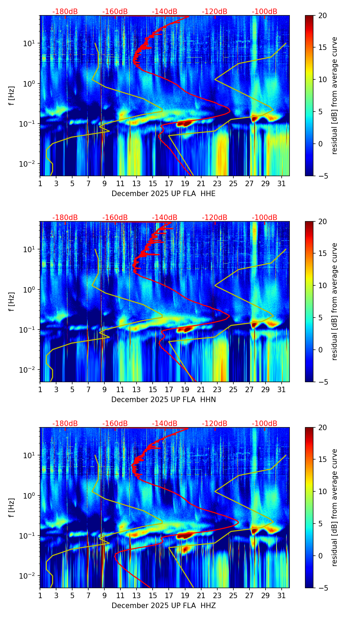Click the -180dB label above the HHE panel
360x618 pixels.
tap(65, 12)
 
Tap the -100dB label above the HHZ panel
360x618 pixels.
tap(265, 424)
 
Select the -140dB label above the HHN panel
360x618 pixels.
tap(165, 218)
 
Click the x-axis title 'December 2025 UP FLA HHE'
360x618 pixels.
tap(164, 194)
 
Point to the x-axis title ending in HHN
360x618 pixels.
tap(164, 400)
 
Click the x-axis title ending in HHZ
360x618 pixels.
tap(164, 606)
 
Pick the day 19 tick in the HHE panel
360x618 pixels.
tap(185, 184)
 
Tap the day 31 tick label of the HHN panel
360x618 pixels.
tap(281, 390)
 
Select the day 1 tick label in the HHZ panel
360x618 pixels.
tap(40, 596)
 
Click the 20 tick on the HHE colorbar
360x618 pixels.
tap(322, 16)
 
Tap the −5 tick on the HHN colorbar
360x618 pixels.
tap(323, 382)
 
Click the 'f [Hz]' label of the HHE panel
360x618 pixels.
tap(12, 96)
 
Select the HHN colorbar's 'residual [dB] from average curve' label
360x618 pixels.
tap(334, 301)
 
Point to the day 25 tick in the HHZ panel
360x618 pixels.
tap(233, 596)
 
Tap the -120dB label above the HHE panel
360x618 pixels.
tap(215, 12)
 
